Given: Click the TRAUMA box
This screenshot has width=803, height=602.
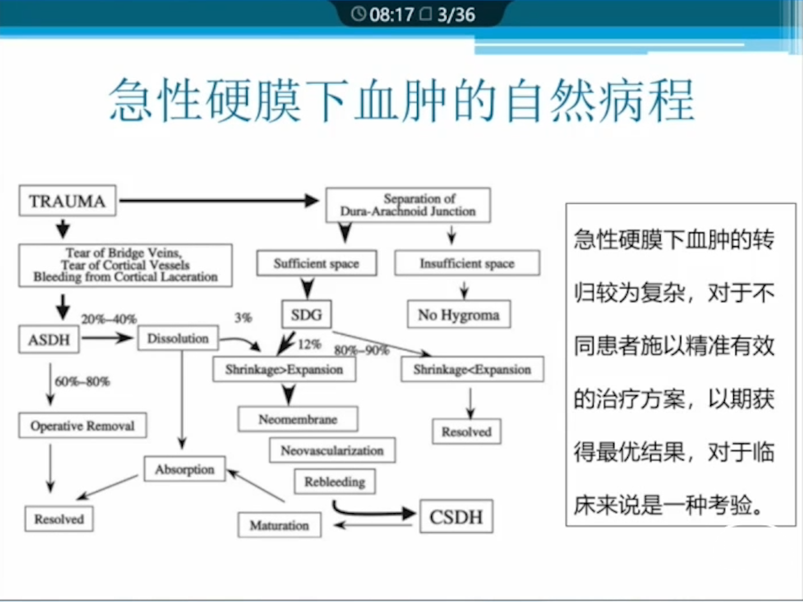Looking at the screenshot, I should pyautogui.click(x=67, y=201).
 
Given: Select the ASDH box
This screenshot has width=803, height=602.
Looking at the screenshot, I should pyautogui.click(x=49, y=340).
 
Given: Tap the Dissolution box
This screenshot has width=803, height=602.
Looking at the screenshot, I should pyautogui.click(x=178, y=338).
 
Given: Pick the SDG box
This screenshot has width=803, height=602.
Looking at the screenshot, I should pyautogui.click(x=306, y=315).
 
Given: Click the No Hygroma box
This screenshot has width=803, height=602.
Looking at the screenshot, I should pyautogui.click(x=459, y=315).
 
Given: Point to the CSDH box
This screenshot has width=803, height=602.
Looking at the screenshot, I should pyautogui.click(x=456, y=517).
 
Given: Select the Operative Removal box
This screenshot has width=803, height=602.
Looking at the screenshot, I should pyautogui.click(x=83, y=426).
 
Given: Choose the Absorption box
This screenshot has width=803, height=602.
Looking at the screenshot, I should pyautogui.click(x=185, y=469).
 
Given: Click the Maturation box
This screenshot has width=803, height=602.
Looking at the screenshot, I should pyautogui.click(x=280, y=525).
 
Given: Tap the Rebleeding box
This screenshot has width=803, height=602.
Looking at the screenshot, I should pyautogui.click(x=335, y=482).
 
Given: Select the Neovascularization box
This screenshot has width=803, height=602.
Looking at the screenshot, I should pyautogui.click(x=332, y=450).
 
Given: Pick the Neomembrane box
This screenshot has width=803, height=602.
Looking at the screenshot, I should pyautogui.click(x=298, y=419).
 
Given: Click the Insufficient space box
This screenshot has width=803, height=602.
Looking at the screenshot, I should pyautogui.click(x=467, y=263).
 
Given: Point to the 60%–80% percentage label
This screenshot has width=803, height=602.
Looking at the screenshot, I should pyautogui.click(x=82, y=382).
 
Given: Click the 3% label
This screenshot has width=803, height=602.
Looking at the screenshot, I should pyautogui.click(x=243, y=318).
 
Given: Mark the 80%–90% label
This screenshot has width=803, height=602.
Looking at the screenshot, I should pyautogui.click(x=361, y=350).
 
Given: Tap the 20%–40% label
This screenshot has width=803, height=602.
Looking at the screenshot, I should pyautogui.click(x=109, y=319).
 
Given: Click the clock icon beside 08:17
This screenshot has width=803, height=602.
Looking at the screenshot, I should pyautogui.click(x=358, y=14).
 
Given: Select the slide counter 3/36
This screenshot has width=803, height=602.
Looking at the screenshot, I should pyautogui.click(x=455, y=15).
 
